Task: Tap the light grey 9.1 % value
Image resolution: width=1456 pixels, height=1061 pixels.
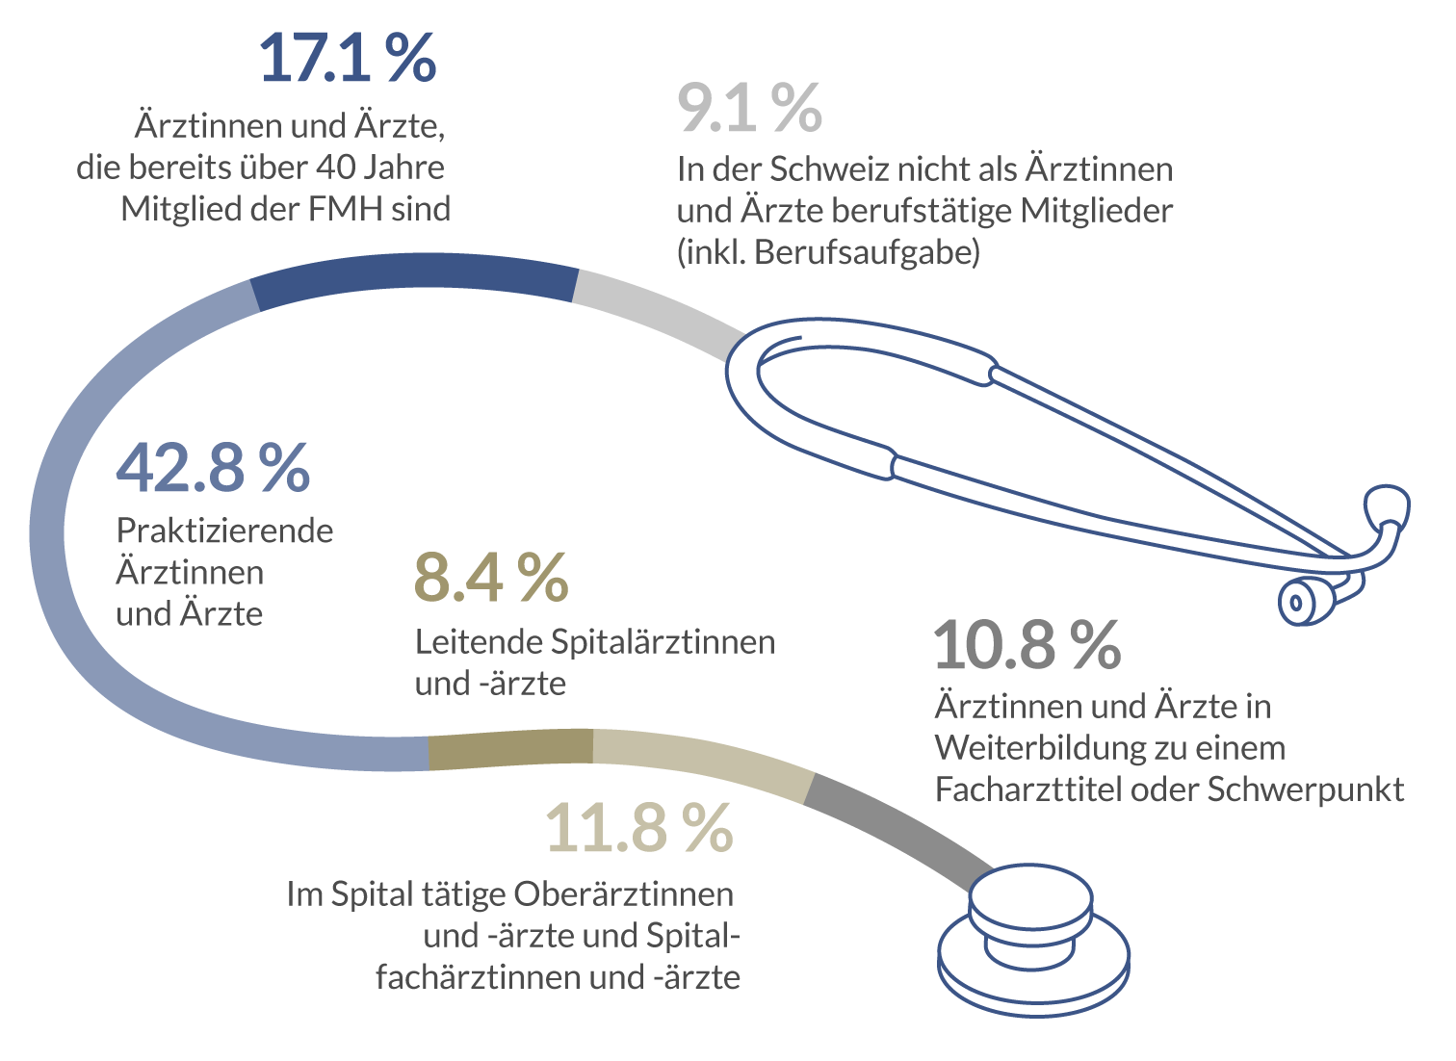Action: coord(749,108)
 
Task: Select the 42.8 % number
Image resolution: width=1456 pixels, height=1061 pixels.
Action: coord(213,467)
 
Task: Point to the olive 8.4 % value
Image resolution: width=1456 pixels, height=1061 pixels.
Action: coord(491,578)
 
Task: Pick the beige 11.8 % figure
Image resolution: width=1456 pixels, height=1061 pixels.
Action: coord(639,827)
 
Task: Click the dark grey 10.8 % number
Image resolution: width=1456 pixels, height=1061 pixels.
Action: coord(1027,644)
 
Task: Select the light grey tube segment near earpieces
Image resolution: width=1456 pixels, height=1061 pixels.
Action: coord(658,311)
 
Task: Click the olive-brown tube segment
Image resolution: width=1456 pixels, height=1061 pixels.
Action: coord(511,749)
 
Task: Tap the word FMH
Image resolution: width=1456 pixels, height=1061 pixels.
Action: coord(345,209)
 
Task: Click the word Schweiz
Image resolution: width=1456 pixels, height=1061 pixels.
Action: coord(829,169)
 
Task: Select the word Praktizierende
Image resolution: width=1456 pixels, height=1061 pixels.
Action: coord(225,530)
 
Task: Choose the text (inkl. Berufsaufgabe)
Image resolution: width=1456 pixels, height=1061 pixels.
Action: coord(828,253)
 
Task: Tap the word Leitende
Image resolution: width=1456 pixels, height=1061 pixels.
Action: coord(479,642)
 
